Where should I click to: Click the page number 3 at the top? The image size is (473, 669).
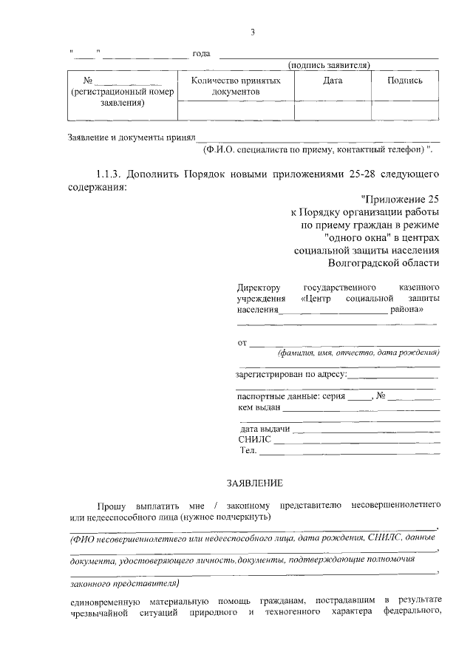pyautogui.click(x=253, y=32)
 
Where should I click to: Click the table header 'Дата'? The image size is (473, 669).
pyautogui.click(x=332, y=81)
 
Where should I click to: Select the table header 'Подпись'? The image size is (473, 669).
pyautogui.click(x=405, y=81)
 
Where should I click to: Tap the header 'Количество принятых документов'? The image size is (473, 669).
pyautogui.click(x=236, y=86)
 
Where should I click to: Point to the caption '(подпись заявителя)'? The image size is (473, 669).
pyautogui.click(x=329, y=65)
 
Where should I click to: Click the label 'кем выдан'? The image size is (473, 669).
pyautogui.click(x=259, y=407)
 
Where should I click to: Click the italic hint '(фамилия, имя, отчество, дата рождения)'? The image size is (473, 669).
pyautogui.click(x=358, y=353)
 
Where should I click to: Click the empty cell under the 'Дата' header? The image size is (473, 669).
pyautogui.click(x=332, y=110)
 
